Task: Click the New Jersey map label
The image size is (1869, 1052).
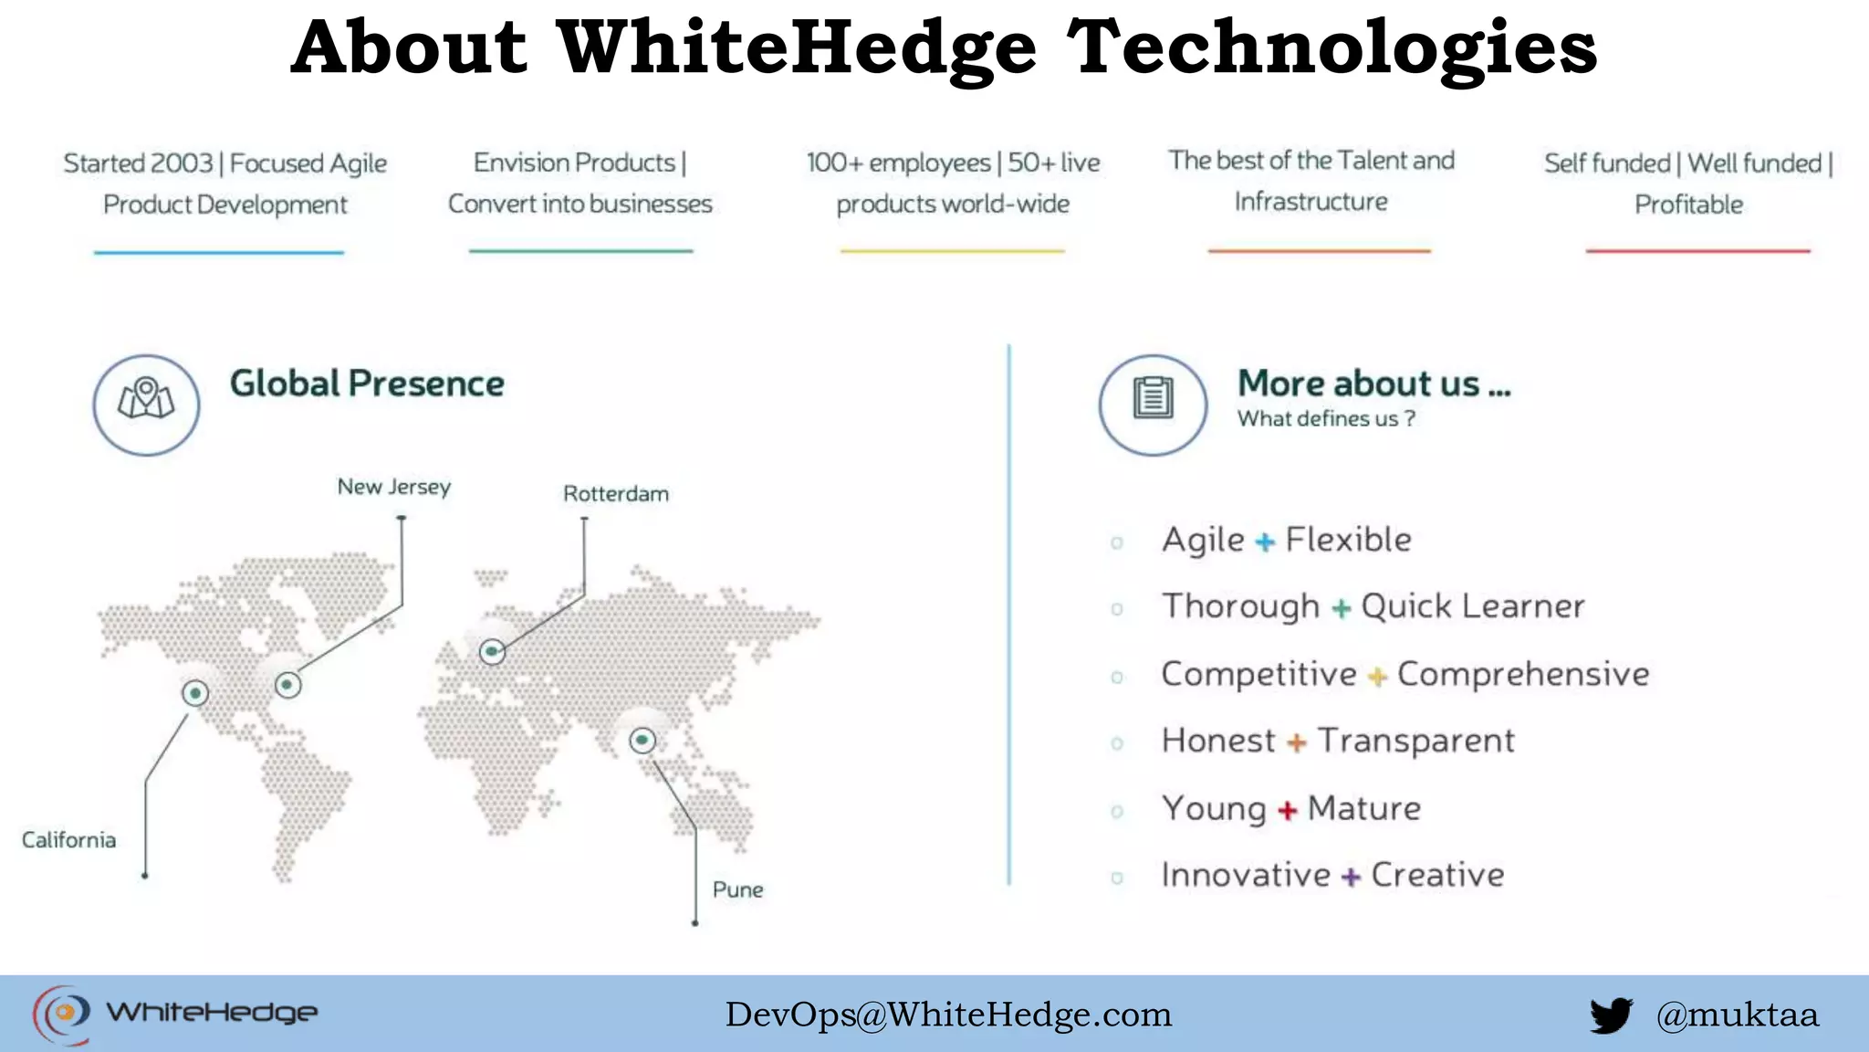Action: (394, 487)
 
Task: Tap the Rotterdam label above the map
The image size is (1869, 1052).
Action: (616, 494)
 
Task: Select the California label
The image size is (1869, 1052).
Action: (69, 840)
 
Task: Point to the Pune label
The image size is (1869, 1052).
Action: (737, 889)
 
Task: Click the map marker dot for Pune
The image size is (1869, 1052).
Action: (642, 740)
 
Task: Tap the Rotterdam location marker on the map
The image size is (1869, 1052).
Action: (493, 651)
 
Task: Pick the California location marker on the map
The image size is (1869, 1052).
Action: (195, 693)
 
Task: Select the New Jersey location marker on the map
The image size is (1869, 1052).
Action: (287, 684)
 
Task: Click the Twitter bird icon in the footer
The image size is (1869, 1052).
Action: (1611, 1015)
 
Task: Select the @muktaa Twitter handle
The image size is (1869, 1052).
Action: (1737, 1015)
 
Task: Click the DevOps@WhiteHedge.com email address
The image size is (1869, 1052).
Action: (948, 1015)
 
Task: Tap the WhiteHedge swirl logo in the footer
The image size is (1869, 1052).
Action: (62, 1014)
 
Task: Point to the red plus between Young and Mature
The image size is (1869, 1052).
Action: (1287, 811)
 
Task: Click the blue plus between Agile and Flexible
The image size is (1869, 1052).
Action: (1265, 542)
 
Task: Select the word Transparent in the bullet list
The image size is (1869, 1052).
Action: (1415, 741)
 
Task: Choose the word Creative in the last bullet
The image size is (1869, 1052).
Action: (1437, 875)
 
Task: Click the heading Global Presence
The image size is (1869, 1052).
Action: (367, 384)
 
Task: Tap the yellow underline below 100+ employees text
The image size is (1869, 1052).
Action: (952, 251)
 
